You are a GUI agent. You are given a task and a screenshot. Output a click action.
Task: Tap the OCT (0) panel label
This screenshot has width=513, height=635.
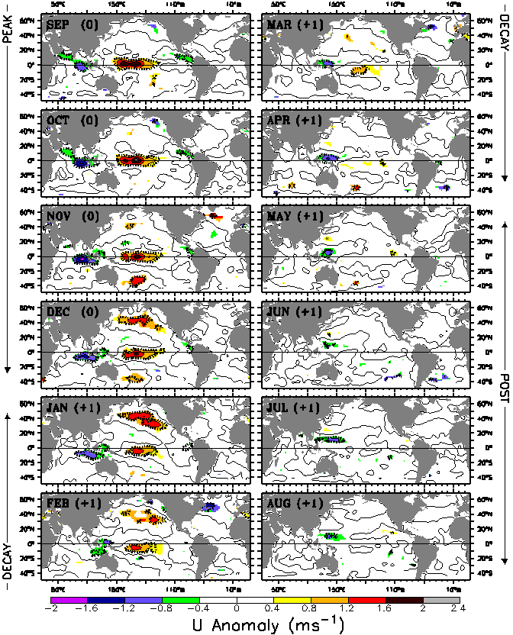[x=71, y=121]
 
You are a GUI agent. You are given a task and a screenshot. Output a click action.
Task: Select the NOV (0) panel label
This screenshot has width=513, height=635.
[x=71, y=217]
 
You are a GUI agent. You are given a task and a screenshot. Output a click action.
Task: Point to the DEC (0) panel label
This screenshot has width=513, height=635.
[x=71, y=312]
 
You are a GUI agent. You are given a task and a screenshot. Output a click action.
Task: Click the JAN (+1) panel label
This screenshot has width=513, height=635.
[x=74, y=408]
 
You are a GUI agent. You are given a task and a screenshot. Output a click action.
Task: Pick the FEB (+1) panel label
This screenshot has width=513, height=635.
[x=74, y=504]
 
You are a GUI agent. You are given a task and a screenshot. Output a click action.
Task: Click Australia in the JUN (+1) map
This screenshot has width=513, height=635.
[x=329, y=369]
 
